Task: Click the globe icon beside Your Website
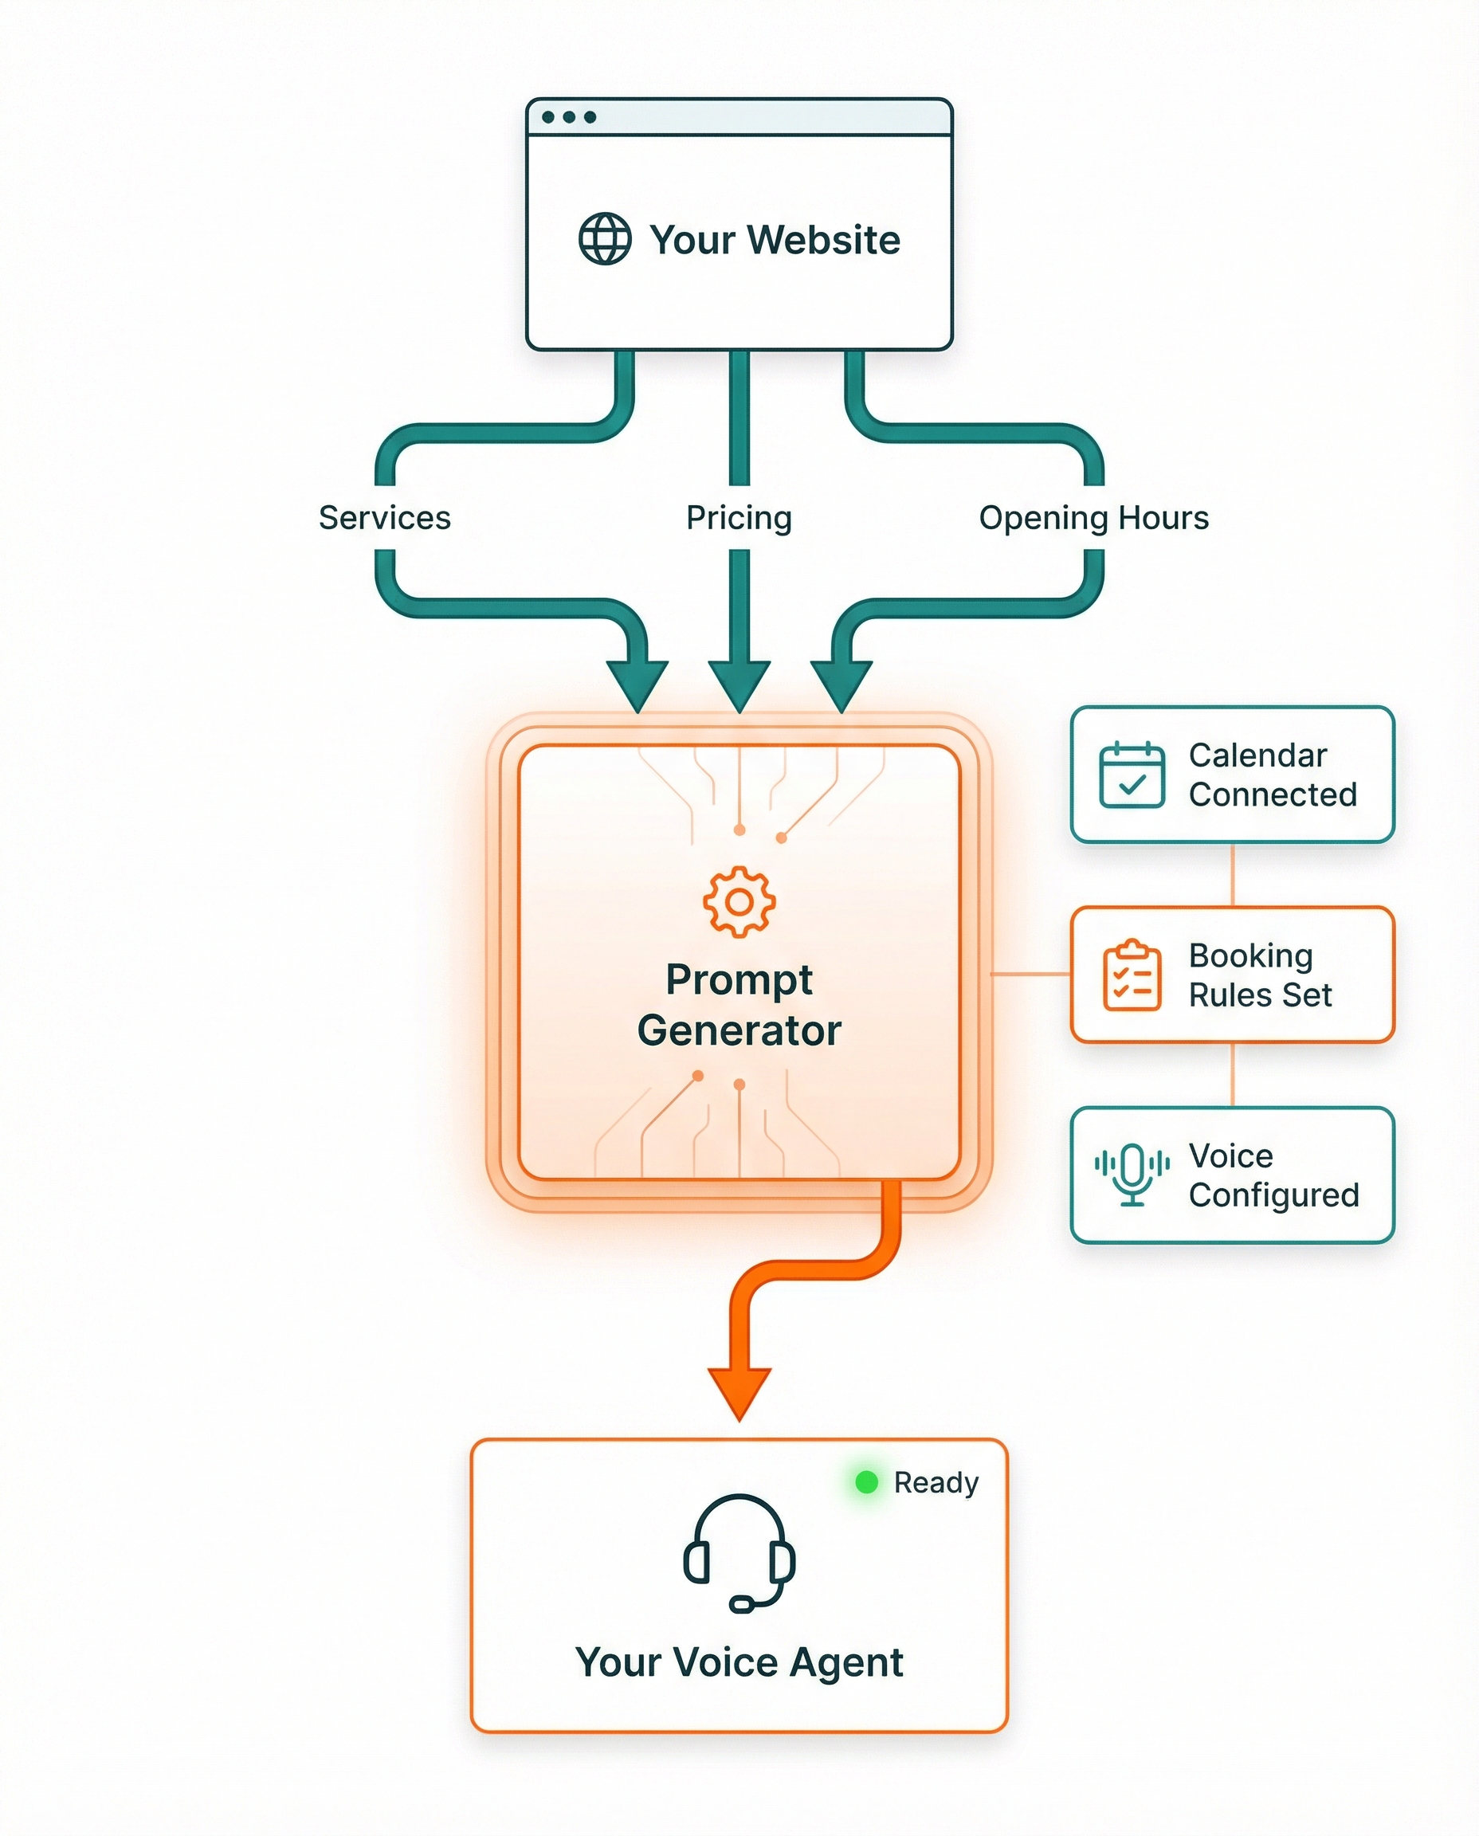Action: (605, 239)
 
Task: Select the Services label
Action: (384, 518)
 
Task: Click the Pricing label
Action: (739, 518)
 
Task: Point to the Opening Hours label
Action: (1093, 518)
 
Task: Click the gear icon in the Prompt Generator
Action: (739, 902)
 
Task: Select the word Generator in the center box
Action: (739, 1031)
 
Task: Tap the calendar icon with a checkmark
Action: (1132, 775)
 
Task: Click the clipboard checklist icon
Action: (1132, 975)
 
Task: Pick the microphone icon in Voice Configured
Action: (1132, 1174)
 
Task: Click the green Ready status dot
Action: (866, 1482)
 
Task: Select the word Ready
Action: (936, 1483)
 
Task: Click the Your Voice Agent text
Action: (739, 1662)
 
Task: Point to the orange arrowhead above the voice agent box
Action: (739, 1392)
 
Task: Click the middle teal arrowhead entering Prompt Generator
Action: (739, 686)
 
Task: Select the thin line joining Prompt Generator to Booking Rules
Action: (1031, 974)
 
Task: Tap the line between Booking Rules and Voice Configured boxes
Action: (1232, 1074)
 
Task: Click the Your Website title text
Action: (775, 240)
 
